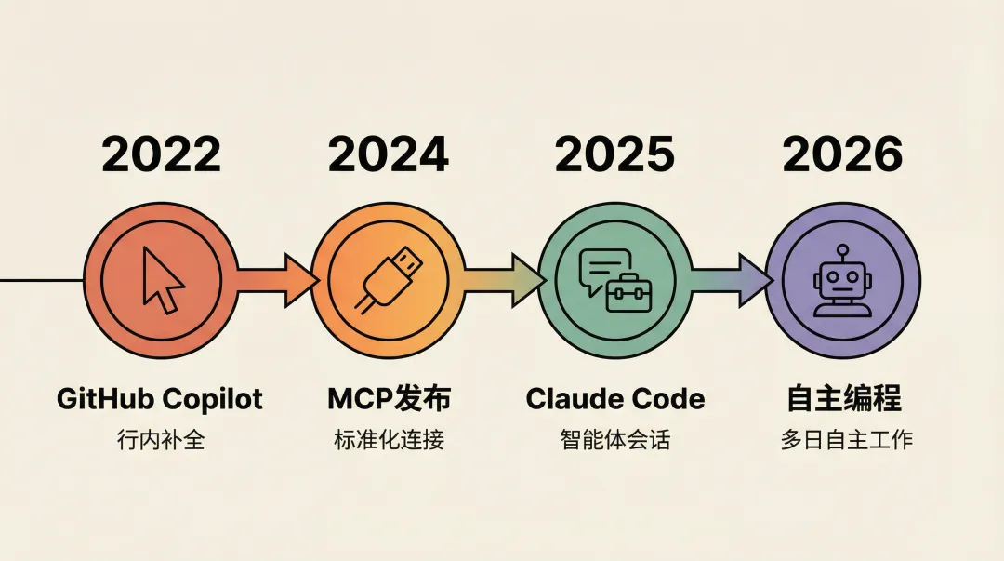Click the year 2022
point(162,154)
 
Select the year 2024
point(389,154)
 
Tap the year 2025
point(614,154)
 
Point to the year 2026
point(842,154)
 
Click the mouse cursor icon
point(162,279)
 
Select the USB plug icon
point(387,279)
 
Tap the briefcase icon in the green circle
point(629,293)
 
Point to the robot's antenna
point(842,252)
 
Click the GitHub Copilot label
point(160,399)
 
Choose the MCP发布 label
point(389,399)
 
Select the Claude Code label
point(614,399)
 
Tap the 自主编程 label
point(844,399)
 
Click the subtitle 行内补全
point(162,439)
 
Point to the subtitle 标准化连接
point(389,439)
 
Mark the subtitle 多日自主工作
point(846,439)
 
